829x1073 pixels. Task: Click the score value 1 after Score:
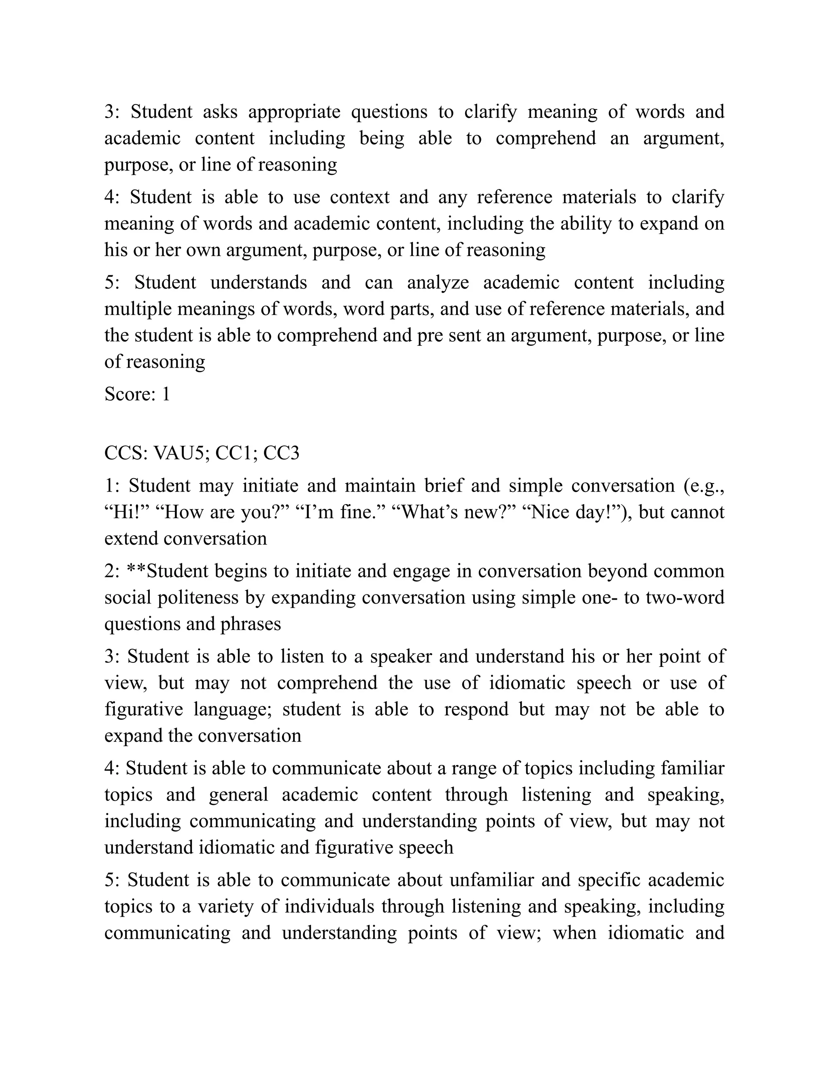[166, 394]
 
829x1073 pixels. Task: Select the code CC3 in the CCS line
[281, 453]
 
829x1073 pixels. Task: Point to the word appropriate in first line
[294, 112]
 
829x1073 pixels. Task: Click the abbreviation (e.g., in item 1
[704, 486]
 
